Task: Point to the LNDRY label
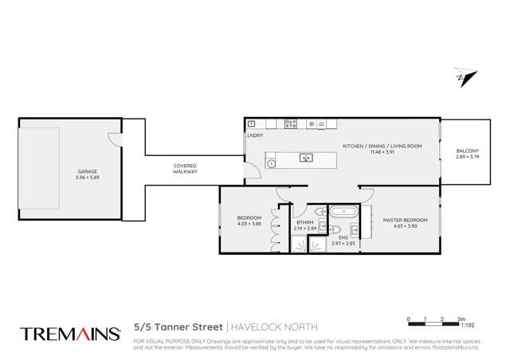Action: [255, 135]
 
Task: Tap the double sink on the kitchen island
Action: [306, 158]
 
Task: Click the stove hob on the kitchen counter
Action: [291, 124]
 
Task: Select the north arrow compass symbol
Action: [465, 77]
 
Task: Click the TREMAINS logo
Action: [69, 332]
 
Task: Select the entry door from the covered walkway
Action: [252, 168]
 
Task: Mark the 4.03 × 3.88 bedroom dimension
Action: [248, 224]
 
